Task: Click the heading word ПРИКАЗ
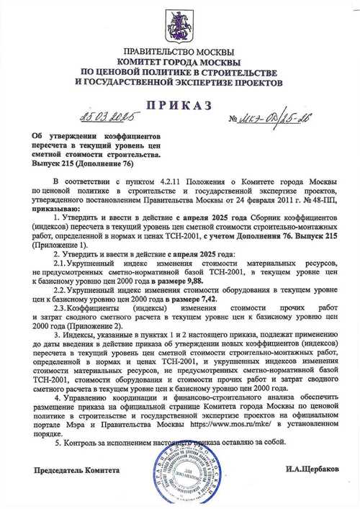179,106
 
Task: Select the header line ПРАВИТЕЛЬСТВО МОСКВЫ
179,53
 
